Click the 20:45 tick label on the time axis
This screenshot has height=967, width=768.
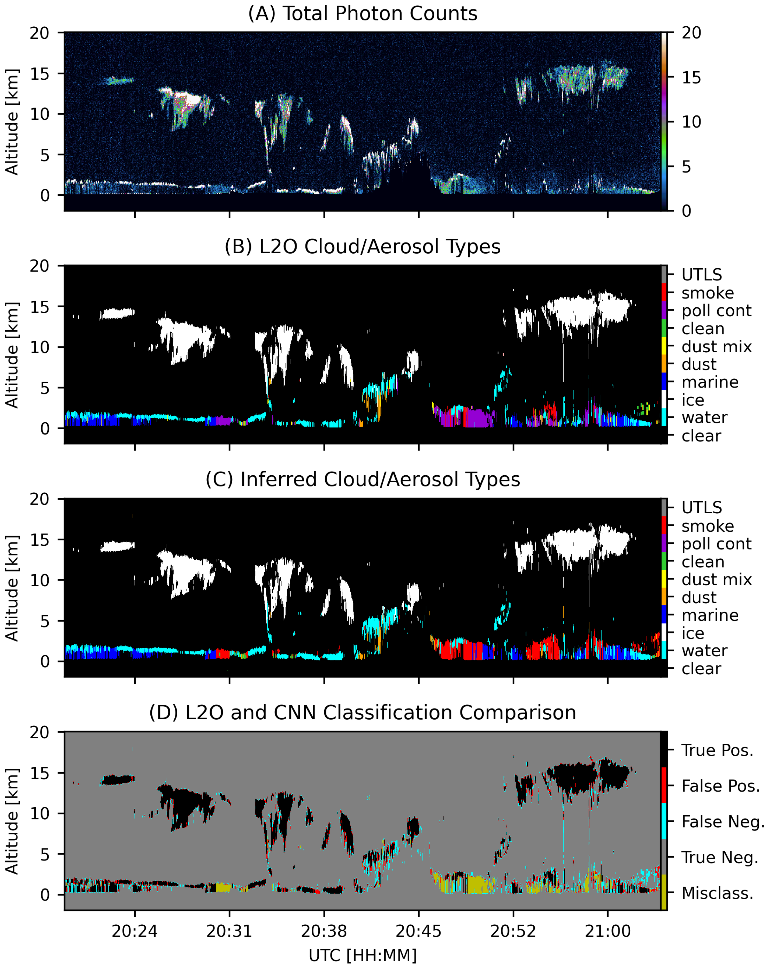pyautogui.click(x=418, y=932)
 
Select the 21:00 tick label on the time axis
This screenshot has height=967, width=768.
pyautogui.click(x=608, y=932)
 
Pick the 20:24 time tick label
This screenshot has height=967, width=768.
pyautogui.click(x=134, y=932)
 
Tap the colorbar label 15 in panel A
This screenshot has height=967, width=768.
pyautogui.click(x=691, y=78)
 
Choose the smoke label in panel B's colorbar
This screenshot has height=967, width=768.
pyautogui.click(x=708, y=293)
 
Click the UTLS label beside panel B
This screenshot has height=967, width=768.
pyautogui.click(x=702, y=275)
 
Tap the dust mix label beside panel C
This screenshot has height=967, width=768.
pyautogui.click(x=716, y=580)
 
